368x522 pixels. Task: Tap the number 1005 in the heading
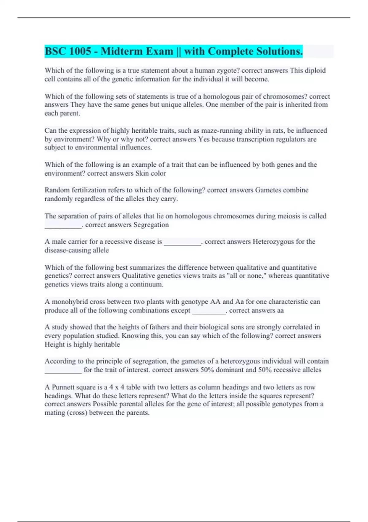pyautogui.click(x=80, y=51)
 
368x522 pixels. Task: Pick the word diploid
pyautogui.click(x=315, y=70)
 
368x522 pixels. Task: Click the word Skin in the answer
pyautogui.click(x=142, y=173)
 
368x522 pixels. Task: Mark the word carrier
pyautogui.click(x=78, y=242)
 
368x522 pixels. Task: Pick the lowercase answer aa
pyautogui.click(x=280, y=310)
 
